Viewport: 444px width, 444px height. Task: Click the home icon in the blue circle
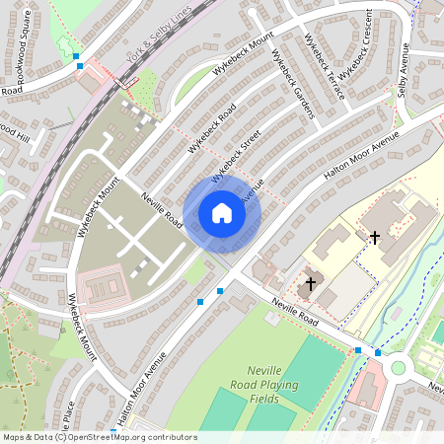click(x=222, y=212)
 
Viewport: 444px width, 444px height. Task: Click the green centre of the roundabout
click(x=399, y=367)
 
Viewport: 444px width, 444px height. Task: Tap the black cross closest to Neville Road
click(x=311, y=283)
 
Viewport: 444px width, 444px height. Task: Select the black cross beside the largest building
click(x=374, y=238)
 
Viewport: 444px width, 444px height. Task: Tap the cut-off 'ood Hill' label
click(x=17, y=129)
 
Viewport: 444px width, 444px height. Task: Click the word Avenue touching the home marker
click(x=252, y=192)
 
